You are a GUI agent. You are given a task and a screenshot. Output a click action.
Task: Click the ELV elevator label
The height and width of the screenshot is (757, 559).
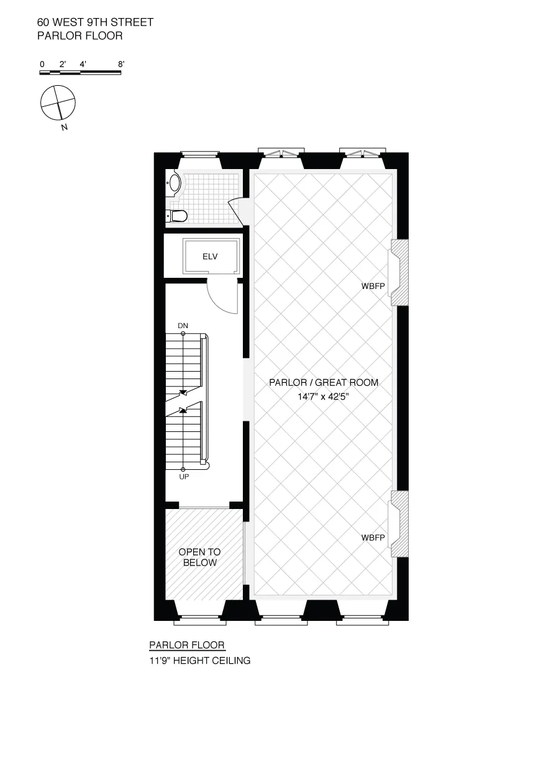[211, 255]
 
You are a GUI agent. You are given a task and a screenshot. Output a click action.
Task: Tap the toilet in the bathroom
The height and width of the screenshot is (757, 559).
[178, 216]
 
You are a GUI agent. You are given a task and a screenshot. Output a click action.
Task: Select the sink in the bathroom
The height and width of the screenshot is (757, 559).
[175, 184]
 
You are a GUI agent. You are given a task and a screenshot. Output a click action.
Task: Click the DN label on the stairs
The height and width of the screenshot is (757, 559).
[183, 326]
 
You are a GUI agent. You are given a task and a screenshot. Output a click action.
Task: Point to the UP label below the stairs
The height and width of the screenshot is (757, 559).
[183, 477]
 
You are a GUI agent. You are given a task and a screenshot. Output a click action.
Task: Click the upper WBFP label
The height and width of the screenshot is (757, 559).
[373, 287]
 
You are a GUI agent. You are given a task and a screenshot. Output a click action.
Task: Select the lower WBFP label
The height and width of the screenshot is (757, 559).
[373, 538]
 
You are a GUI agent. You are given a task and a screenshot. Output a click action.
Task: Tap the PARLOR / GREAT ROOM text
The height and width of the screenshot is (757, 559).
[323, 383]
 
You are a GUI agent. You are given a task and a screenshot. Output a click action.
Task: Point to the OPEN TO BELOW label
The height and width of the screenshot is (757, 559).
[199, 557]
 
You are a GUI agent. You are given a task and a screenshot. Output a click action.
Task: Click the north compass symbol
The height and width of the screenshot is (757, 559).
[58, 103]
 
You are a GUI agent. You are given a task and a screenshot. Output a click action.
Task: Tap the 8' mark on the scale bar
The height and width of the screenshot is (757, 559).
[121, 64]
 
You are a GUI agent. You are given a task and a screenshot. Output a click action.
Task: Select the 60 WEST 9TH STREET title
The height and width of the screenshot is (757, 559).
[95, 22]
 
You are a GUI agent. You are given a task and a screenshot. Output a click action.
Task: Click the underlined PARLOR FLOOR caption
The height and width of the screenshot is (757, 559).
[187, 645]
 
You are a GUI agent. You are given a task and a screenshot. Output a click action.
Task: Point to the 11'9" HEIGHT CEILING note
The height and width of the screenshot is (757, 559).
[199, 661]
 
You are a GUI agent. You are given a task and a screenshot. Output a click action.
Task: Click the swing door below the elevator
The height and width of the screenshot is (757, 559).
[222, 296]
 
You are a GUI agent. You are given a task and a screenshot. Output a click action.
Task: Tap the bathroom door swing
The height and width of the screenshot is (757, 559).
[236, 208]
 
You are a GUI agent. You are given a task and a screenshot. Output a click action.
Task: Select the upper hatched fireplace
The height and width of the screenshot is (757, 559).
[399, 273]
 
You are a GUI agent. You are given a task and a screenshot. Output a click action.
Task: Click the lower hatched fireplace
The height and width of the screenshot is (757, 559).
[399, 524]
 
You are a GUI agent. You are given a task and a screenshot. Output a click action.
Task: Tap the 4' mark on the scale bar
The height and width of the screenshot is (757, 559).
[83, 64]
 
